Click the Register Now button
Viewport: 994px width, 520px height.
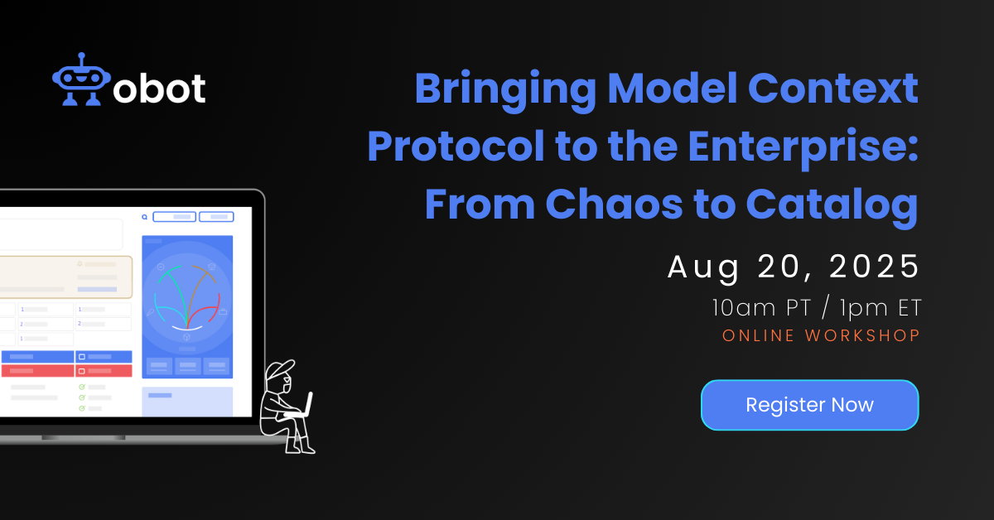[809, 405]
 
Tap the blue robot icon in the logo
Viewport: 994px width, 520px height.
[81, 79]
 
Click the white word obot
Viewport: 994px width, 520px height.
[159, 88]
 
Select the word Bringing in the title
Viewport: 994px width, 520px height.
[505, 90]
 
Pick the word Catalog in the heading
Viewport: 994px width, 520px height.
[832, 206]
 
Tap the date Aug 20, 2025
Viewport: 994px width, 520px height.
[794, 267]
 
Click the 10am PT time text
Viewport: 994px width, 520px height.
[761, 307]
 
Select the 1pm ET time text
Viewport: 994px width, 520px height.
[881, 308]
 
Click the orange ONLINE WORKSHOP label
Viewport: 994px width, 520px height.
[821, 335]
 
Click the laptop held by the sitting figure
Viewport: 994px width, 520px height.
[303, 405]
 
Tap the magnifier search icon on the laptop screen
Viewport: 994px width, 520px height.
[145, 217]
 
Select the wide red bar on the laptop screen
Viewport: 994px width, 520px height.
[38, 370]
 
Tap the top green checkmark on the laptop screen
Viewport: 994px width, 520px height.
[82, 387]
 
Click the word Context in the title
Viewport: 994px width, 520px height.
[833, 88]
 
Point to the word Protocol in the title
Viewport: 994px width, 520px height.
[456, 146]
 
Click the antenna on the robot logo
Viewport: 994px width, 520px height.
[81, 60]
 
